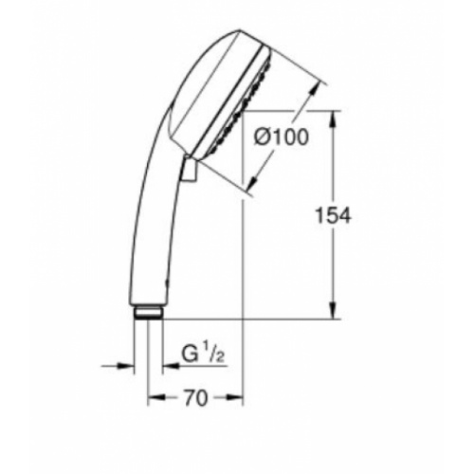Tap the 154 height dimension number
pyautogui.click(x=333, y=215)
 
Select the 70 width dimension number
pyautogui.click(x=194, y=397)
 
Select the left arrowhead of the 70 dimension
pyautogui.click(x=155, y=397)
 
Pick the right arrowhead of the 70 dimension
pyautogui.click(x=238, y=397)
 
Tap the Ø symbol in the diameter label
pyautogui.click(x=263, y=139)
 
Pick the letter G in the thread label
pyautogui.click(x=190, y=356)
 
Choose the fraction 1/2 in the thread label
pyautogui.click(x=217, y=355)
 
